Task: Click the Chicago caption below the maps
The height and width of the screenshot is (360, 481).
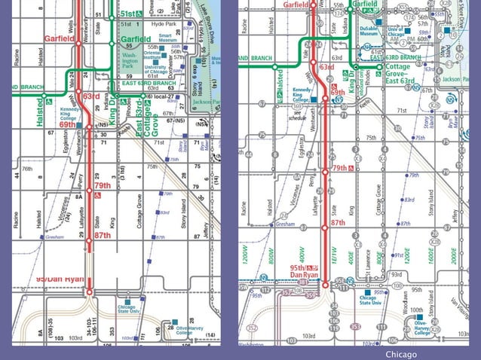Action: click(400, 354)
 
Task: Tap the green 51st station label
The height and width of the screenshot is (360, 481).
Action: click(129, 14)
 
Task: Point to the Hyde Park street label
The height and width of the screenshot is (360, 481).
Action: click(163, 24)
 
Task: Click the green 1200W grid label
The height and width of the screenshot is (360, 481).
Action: click(246, 258)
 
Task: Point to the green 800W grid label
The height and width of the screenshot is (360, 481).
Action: click(269, 258)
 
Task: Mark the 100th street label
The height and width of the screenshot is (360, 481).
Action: click(415, 310)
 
